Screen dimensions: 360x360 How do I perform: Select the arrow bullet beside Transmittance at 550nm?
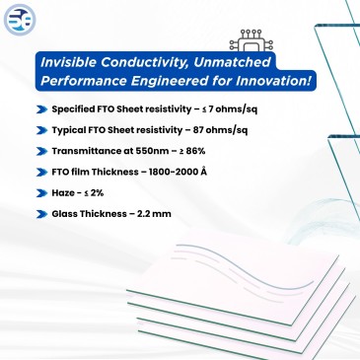click(x=40, y=152)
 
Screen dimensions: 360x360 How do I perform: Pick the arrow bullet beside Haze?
click(x=40, y=194)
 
